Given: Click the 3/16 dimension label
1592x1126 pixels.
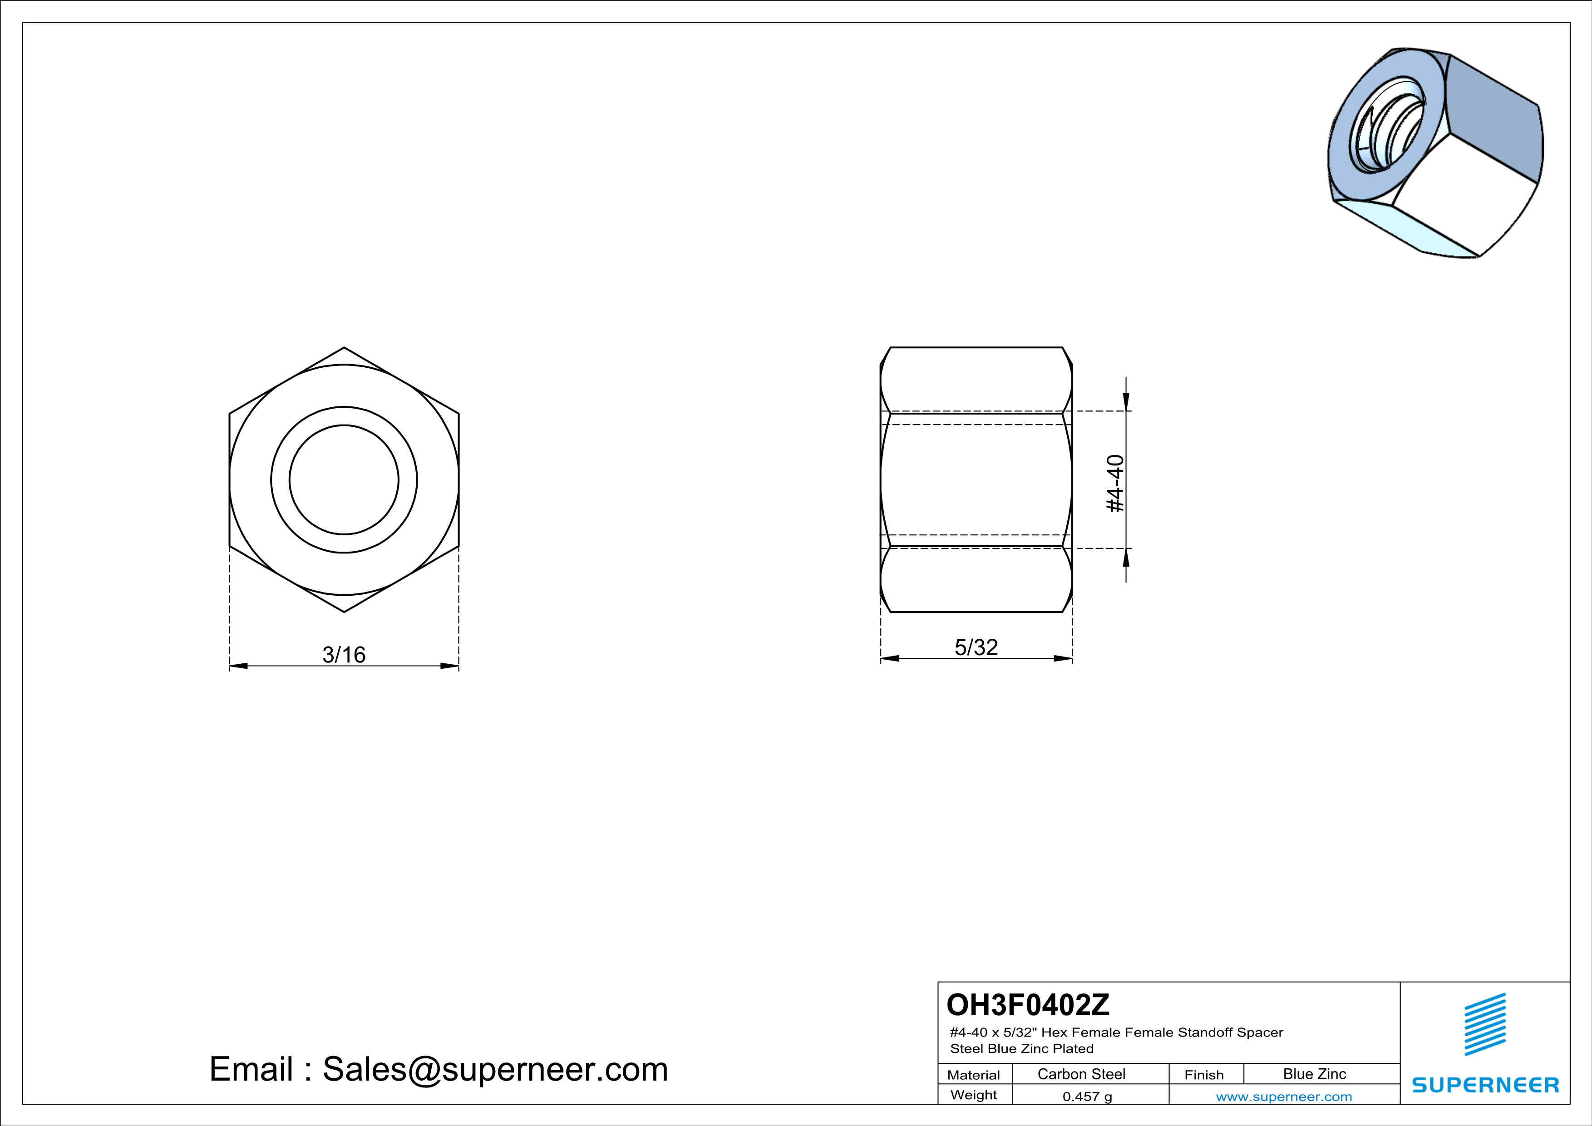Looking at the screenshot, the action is click(x=344, y=655).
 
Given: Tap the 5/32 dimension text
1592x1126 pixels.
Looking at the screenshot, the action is click(x=976, y=647).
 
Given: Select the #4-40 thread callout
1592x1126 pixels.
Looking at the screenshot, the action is click(x=1115, y=483).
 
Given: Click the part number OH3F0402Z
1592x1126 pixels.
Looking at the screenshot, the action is click(x=1028, y=1004).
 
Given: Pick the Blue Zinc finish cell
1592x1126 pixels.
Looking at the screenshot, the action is click(x=1315, y=1074).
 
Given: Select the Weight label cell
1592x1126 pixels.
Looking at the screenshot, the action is click(x=974, y=1095).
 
